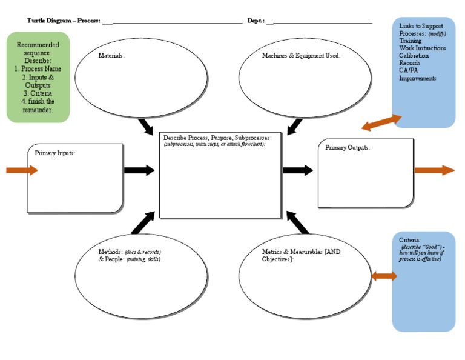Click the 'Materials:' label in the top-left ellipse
(x=111, y=56)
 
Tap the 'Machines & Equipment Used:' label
(x=301, y=56)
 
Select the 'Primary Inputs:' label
(x=54, y=153)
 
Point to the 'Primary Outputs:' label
(x=347, y=148)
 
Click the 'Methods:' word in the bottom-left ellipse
(x=111, y=252)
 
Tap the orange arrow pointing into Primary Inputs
(x=22, y=170)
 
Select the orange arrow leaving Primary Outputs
(x=434, y=170)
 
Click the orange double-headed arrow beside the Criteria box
(x=384, y=276)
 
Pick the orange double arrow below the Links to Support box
(x=381, y=122)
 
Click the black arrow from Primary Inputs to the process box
(x=139, y=170)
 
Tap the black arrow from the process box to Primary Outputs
(x=298, y=170)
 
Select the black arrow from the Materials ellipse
(x=146, y=127)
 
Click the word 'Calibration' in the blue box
(x=414, y=56)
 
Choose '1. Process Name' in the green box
(x=38, y=69)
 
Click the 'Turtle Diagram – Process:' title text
(x=64, y=21)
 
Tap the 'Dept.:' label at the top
(x=256, y=21)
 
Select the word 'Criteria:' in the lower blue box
(x=410, y=240)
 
